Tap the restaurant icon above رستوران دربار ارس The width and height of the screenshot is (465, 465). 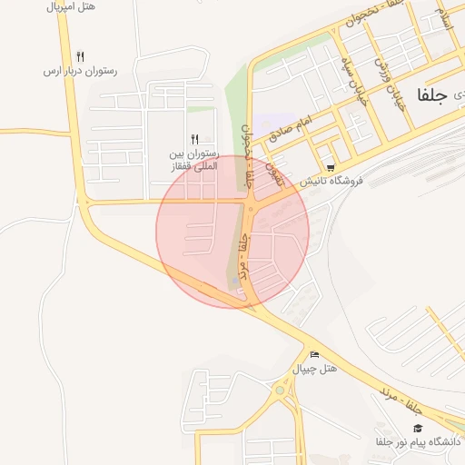coord(81,56)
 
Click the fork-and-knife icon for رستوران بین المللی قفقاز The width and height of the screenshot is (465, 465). coord(193,139)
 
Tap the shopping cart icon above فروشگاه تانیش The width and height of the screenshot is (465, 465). coord(330,167)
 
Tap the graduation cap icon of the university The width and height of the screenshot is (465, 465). coord(418,428)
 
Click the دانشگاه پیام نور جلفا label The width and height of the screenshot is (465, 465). coord(418,441)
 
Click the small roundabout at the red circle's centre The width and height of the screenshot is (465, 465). coord(250,211)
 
